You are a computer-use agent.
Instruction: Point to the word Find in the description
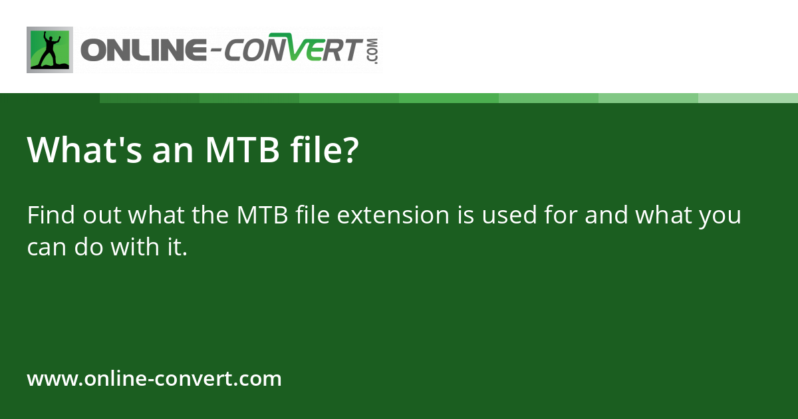[51, 216]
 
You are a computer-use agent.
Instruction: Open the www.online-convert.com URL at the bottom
[154, 379]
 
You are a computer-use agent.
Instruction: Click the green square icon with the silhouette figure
[49, 50]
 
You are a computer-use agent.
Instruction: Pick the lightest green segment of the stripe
[747, 98]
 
